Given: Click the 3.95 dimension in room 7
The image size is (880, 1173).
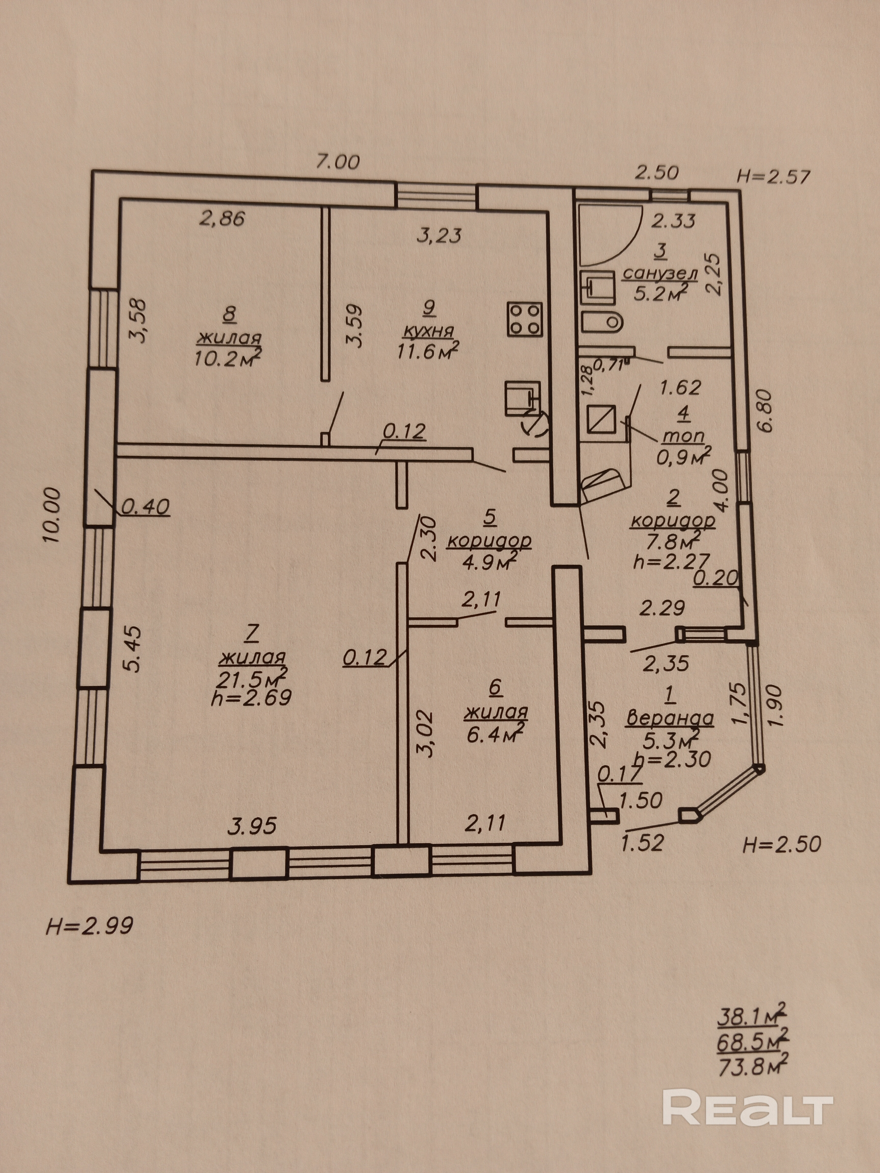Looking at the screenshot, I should tap(253, 826).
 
